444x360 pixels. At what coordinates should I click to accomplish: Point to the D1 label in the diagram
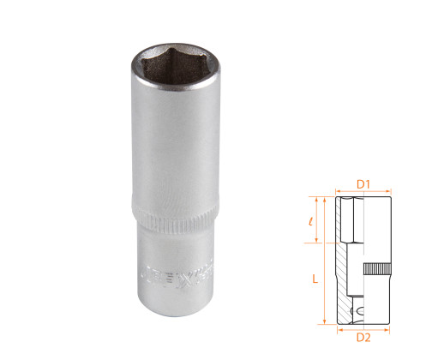[x=362, y=183]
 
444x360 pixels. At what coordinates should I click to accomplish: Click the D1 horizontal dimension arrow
[x=362, y=191]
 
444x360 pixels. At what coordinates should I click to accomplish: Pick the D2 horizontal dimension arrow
[x=362, y=326]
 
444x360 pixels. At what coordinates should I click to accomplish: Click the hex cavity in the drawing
[x=350, y=219]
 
